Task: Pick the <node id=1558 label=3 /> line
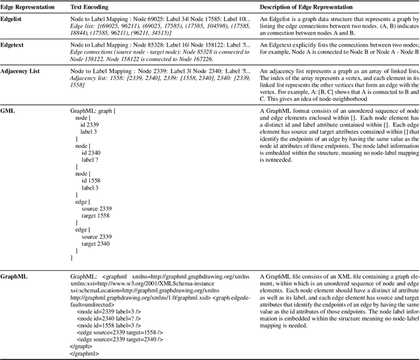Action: [x=112, y=326]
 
